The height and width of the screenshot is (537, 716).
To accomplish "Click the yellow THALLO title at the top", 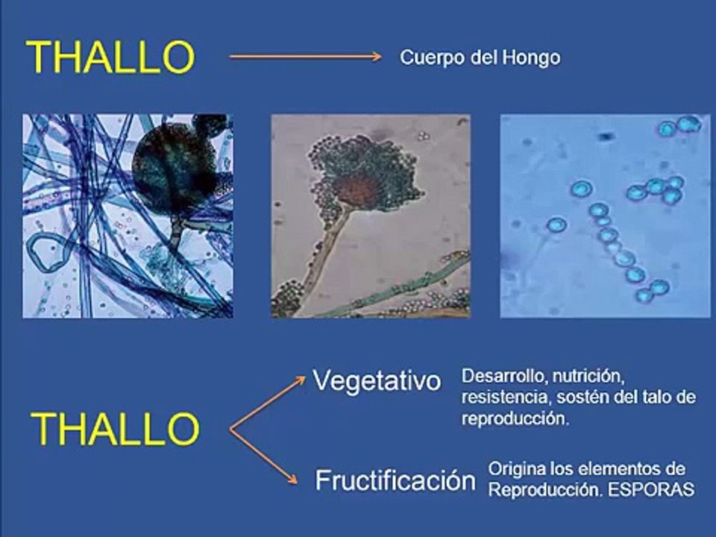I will [x=110, y=57].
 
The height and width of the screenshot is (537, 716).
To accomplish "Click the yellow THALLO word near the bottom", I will [x=115, y=429].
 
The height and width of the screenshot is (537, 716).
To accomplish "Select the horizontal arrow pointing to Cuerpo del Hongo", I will [x=305, y=56].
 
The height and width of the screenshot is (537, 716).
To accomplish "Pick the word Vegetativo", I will [x=377, y=381].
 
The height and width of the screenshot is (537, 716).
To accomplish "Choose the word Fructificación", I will [x=395, y=480].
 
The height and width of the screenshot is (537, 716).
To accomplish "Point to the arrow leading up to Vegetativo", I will [x=268, y=403].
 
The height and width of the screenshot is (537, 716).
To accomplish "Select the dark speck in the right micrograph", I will [x=606, y=137].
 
